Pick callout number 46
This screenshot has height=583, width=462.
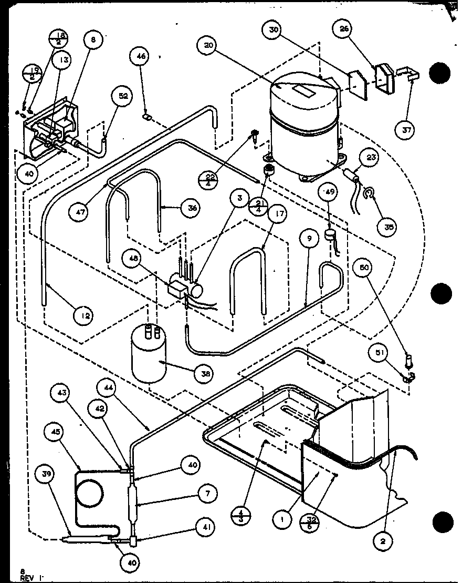(142, 56)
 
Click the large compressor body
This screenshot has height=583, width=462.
(303, 131)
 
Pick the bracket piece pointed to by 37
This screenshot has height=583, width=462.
(409, 75)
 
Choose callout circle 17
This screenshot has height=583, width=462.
(278, 213)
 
